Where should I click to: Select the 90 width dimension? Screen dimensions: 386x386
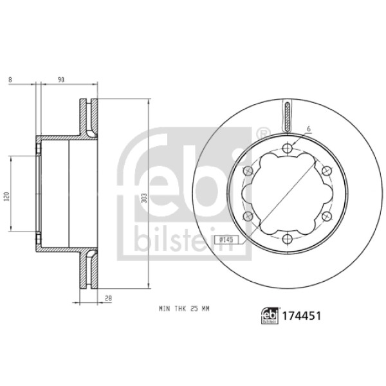[61, 80]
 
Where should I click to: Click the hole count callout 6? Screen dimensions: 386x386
[309, 129]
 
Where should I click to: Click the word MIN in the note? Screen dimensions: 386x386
[163, 309]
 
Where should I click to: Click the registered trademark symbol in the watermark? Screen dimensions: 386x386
[261, 133]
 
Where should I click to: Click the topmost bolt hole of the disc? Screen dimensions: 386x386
[286, 150]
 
